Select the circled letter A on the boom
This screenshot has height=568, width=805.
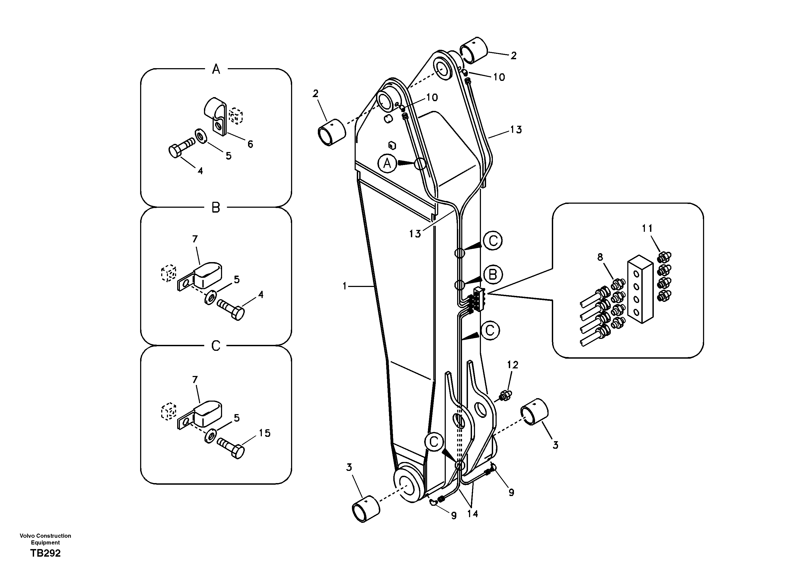coord(387,163)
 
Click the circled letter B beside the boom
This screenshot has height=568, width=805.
coord(493,275)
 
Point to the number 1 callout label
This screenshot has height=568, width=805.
coord(345,286)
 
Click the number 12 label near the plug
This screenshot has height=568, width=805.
coord(512,365)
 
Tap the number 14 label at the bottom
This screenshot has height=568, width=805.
coord(472,514)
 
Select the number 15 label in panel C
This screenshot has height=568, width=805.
coord(265,433)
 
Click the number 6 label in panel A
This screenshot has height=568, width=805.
coord(250,144)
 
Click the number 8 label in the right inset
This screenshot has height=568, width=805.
coord(600,257)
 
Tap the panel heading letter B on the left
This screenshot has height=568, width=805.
coord(216,207)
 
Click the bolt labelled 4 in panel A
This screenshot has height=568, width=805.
coord(181,148)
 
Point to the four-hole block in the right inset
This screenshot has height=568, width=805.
coord(640,289)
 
